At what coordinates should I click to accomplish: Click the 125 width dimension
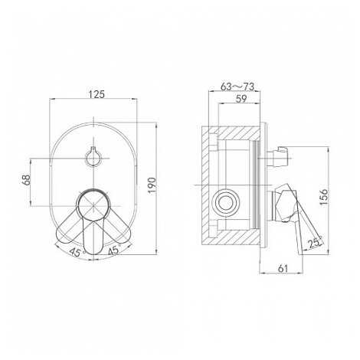tap(97, 94)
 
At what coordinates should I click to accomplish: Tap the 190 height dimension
tap(152, 185)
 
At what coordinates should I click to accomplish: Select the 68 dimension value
tap(26, 180)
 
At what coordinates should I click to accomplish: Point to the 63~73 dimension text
tap(237, 87)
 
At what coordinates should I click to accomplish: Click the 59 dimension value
tap(241, 99)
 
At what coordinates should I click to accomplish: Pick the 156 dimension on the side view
tap(324, 197)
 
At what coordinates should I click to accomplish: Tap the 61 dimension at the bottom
tap(283, 268)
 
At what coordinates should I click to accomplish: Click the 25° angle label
tap(315, 243)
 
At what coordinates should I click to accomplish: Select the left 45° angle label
tap(77, 252)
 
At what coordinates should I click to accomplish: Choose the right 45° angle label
tap(113, 250)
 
